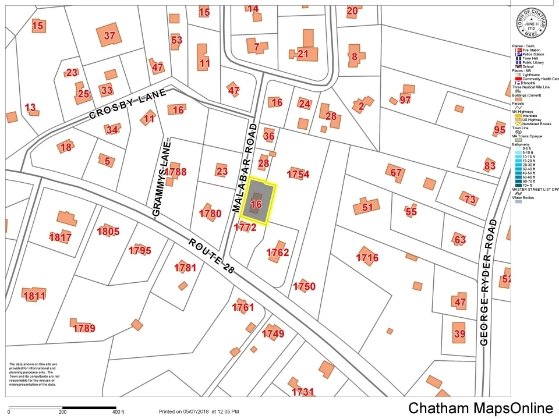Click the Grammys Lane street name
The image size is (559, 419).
[161, 177]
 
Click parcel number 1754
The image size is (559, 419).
[298, 174]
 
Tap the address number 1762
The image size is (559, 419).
[278, 253]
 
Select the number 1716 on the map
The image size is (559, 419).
[367, 257]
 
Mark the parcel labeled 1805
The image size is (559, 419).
[108, 232]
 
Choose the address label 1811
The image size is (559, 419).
[34, 296]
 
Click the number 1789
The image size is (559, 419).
[84, 328]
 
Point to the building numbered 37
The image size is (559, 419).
[109, 35]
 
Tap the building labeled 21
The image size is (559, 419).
[303, 54]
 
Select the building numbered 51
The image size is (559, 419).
[367, 207]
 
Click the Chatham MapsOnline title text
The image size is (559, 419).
[480, 408]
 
